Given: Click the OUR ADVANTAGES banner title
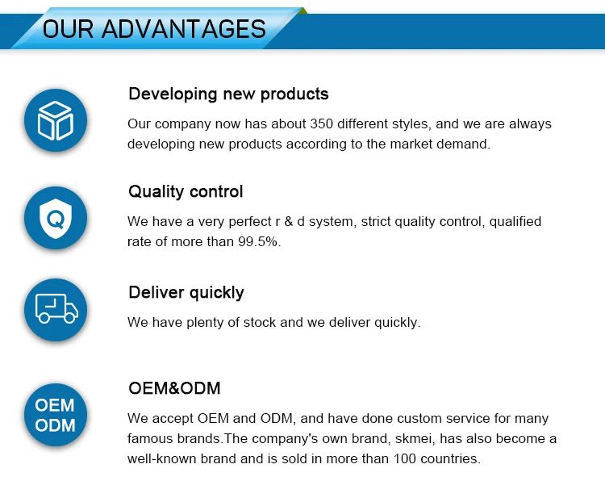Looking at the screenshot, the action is click(x=154, y=29).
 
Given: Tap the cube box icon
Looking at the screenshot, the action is click(x=56, y=120).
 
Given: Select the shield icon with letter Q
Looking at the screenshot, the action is click(x=56, y=219).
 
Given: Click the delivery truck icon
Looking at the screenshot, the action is click(x=56, y=309).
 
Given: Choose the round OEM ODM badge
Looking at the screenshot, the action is click(x=56, y=415).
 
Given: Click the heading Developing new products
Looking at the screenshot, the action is click(x=228, y=94).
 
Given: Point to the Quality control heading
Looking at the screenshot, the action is click(x=186, y=191).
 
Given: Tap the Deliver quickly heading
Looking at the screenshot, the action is click(x=186, y=293).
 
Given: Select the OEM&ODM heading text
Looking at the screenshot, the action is click(x=174, y=388).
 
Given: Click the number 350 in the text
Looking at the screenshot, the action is click(x=321, y=124).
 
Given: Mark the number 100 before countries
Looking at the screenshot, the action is click(x=405, y=458).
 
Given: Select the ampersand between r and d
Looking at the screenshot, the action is click(x=288, y=222).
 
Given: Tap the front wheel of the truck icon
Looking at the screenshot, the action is click(x=70, y=318).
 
